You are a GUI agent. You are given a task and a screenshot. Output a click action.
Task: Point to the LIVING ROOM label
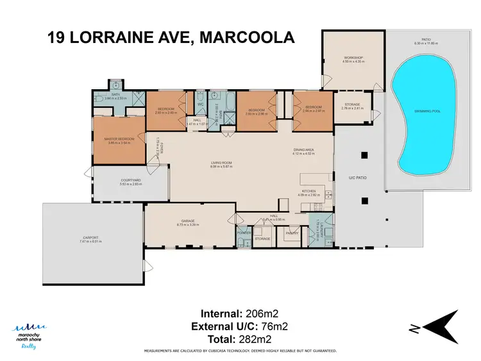(221, 163)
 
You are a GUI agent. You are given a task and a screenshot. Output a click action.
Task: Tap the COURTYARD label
(130, 180)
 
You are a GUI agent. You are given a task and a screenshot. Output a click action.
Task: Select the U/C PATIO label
(356, 177)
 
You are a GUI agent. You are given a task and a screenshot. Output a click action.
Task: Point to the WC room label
(200, 104)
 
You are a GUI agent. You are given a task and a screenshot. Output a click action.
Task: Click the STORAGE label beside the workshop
(352, 104)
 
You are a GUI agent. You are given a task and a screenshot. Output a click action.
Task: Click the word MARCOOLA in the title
(247, 37)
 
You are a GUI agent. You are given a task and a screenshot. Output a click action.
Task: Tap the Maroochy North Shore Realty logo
(30, 335)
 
